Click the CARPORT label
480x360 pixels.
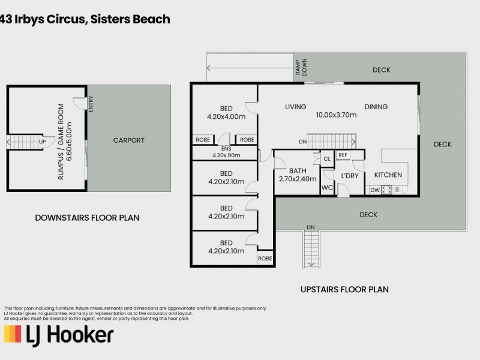pos(128,140)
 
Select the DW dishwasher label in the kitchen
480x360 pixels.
pos(374,190)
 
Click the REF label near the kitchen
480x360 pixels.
pos(343,155)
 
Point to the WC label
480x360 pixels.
pos(326,188)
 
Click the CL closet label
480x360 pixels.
pos(326,159)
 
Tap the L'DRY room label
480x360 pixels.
pos(349,175)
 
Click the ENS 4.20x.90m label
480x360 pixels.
pos(226,152)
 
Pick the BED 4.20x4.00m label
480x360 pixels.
pos(226,113)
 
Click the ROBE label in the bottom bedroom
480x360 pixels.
pos(265,259)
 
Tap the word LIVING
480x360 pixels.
pos(296,107)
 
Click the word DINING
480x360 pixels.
pos(376,107)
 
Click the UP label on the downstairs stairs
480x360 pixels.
pos(42,142)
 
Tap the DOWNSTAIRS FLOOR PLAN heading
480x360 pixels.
pos(87,218)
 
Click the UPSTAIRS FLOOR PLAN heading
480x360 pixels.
pos(344,289)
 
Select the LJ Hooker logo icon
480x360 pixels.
pos(13,334)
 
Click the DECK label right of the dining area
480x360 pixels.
pos(442,144)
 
